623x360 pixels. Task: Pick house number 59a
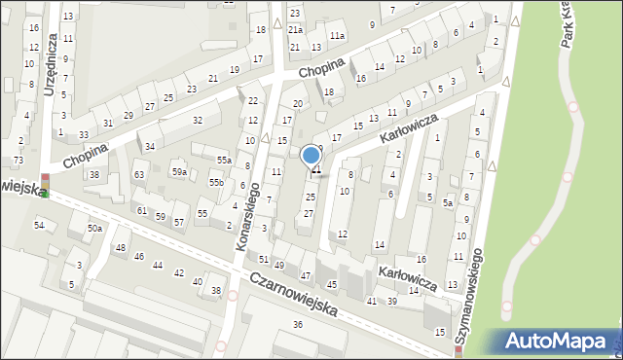pyautogui.click(x=179, y=171)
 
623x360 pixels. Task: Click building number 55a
pyautogui.click(x=224, y=160)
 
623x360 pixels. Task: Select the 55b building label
pyautogui.click(x=216, y=182)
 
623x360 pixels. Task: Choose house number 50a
pyautogui.click(x=94, y=228)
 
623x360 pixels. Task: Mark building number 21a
pyautogui.click(x=295, y=30)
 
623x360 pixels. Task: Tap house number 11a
pyautogui.click(x=337, y=35)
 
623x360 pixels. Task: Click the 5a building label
pyautogui.click(x=448, y=203)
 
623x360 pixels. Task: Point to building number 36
pyautogui.click(x=297, y=325)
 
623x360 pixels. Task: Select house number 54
pyautogui.click(x=40, y=226)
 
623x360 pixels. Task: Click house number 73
pyautogui.click(x=18, y=160)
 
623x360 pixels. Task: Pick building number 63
pyautogui.click(x=139, y=175)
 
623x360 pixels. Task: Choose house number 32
pyautogui.click(x=197, y=120)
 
